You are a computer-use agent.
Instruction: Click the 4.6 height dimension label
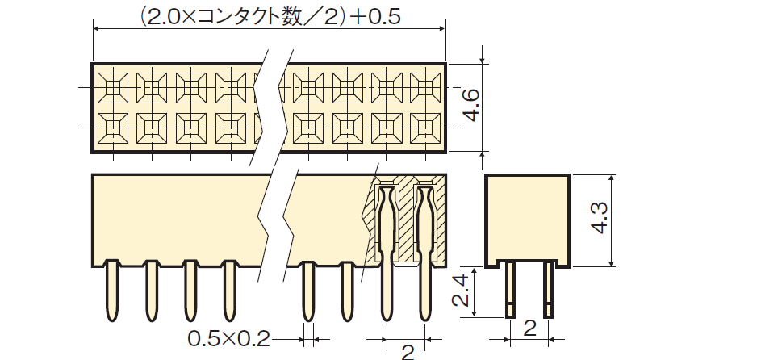[472, 107]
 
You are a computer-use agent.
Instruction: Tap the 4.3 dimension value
[600, 218]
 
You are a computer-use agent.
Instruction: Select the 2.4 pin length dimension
[460, 291]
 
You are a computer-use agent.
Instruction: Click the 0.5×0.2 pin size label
[228, 339]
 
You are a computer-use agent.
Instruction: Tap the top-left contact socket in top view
[113, 88]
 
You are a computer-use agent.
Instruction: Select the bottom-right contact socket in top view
[425, 128]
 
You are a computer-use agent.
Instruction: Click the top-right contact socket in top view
[425, 88]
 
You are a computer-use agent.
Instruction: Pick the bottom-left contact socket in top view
[113, 128]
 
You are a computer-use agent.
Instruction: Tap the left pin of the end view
[511, 290]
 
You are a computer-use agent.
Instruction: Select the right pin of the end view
[548, 290]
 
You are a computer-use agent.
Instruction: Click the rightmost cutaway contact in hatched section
[424, 253]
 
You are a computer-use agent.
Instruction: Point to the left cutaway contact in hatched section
[387, 253]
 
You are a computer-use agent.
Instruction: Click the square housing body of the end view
[527, 220]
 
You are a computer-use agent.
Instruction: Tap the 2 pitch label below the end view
[530, 329]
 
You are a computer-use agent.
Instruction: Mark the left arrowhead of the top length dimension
[96, 29]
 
